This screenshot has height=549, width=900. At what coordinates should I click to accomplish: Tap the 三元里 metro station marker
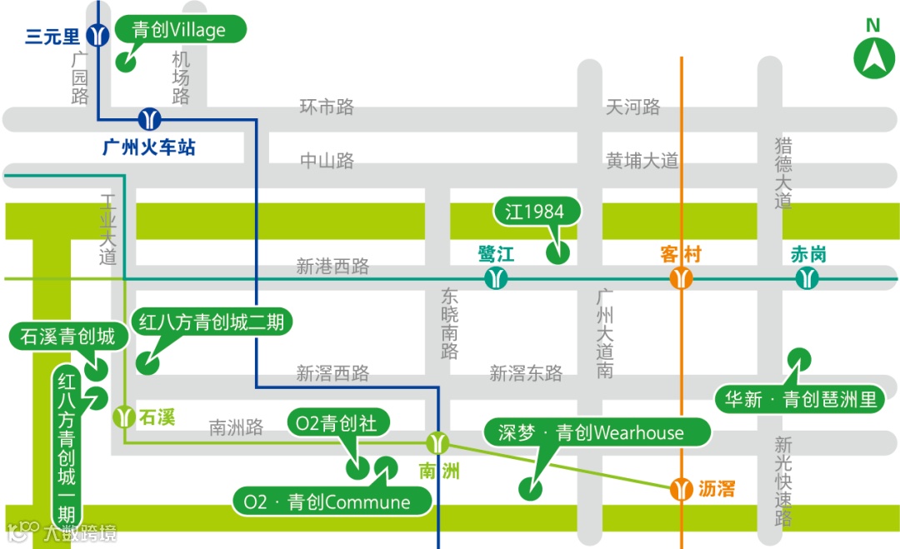coord(100,36)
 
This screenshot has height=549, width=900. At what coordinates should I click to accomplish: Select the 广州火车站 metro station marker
coord(150,119)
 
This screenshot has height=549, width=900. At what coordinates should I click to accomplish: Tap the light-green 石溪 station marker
coord(124,415)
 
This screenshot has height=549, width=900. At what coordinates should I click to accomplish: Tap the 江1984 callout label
coord(534,212)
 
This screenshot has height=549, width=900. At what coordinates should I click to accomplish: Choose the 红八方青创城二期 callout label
coord(212,322)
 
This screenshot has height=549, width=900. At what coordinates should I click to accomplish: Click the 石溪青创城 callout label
coord(68,337)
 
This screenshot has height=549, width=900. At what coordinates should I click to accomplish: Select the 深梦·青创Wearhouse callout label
coord(597,432)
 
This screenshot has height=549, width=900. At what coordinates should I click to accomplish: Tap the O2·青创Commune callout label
coord(333,502)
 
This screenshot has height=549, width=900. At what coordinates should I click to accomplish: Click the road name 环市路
coord(327,107)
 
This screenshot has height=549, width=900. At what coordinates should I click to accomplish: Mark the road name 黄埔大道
coord(642,161)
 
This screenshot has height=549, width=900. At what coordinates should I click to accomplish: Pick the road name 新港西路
coord(332,267)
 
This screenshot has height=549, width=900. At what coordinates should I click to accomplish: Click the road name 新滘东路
coord(526,373)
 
